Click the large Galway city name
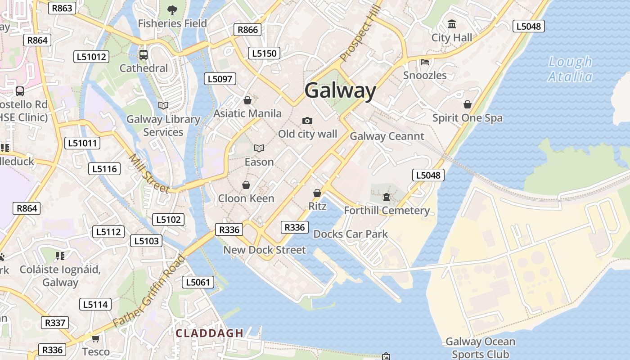pos(340,91)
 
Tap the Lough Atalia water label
pos(570,69)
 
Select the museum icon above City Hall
pos(452,24)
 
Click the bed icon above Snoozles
pos(425,62)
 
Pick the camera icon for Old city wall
pos(307,121)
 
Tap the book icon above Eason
pos(259,148)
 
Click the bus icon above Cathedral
pos(143,55)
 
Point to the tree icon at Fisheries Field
pos(172,9)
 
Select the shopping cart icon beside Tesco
pos(95,338)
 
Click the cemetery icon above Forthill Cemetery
pos(386,197)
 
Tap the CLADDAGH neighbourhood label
pos(209,333)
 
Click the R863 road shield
pos(62,8)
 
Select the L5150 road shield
pos(264,53)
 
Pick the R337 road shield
pos(55,323)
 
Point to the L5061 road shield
pos(198,282)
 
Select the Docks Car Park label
pos(351,234)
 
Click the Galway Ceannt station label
pos(387,136)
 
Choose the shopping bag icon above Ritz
pos(317,193)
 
